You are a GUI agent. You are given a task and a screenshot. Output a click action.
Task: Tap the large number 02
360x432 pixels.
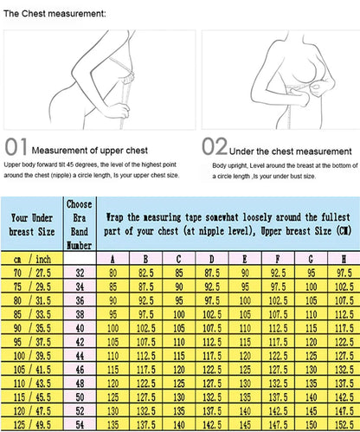click(x=216, y=145)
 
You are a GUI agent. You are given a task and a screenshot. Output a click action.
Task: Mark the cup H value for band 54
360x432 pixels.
click(x=343, y=425)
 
